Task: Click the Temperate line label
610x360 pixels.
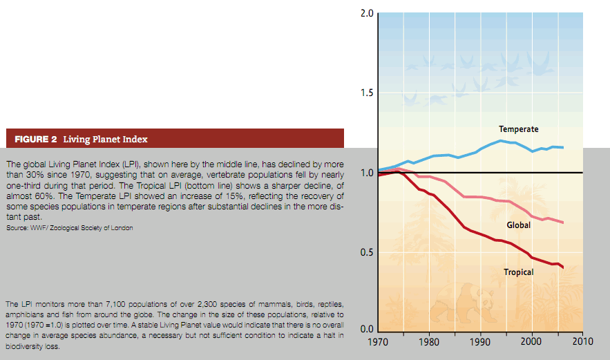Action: pos(518,129)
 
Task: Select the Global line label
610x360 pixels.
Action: pos(518,225)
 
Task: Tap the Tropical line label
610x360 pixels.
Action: pos(518,272)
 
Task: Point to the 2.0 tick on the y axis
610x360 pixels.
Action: pos(368,14)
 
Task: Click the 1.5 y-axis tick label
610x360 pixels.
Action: pos(368,93)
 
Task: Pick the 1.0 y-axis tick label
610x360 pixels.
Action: pos(368,173)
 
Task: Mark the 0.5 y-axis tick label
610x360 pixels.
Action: pos(368,252)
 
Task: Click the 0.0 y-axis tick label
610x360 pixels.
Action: pos(368,330)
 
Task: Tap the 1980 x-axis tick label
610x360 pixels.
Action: pos(429,341)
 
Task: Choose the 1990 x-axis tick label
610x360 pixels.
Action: pos(480,341)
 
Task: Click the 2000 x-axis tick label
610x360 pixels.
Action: pos(531,341)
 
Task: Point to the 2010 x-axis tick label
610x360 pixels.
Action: pos(582,341)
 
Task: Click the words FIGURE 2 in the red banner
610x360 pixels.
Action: pos(36,140)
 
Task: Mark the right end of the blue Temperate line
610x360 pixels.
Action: pos(563,147)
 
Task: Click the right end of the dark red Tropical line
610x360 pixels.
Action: pos(563,267)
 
